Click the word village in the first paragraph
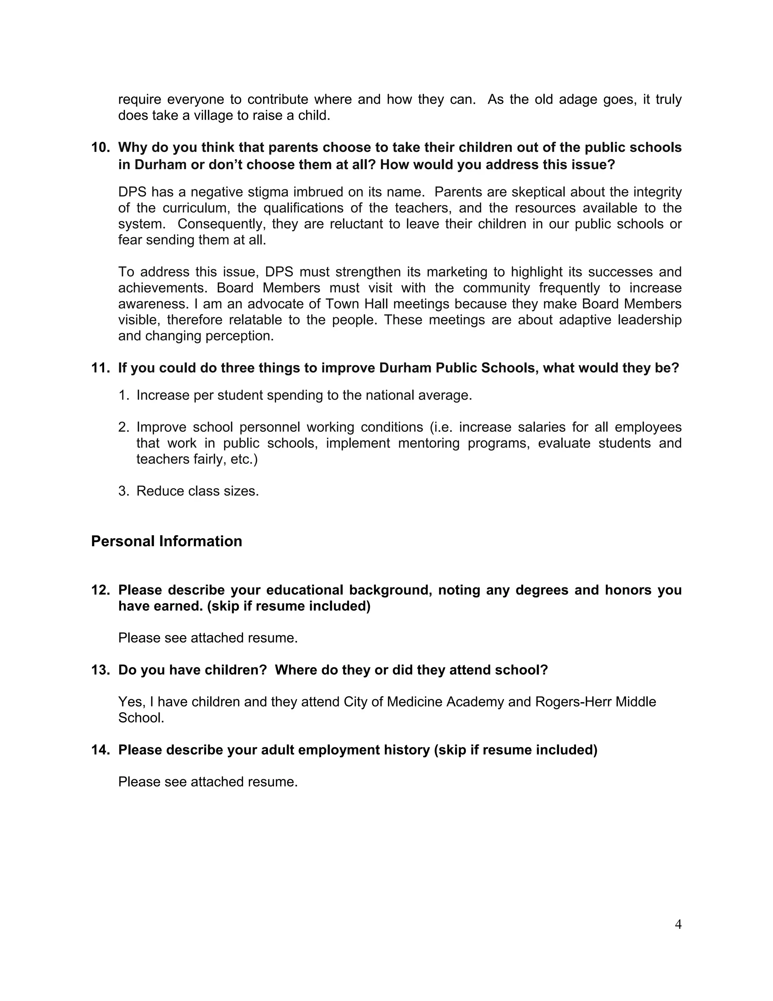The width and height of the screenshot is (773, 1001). click(x=214, y=116)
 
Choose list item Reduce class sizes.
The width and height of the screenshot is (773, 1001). click(x=197, y=491)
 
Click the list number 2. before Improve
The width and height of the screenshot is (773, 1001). click(x=124, y=427)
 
